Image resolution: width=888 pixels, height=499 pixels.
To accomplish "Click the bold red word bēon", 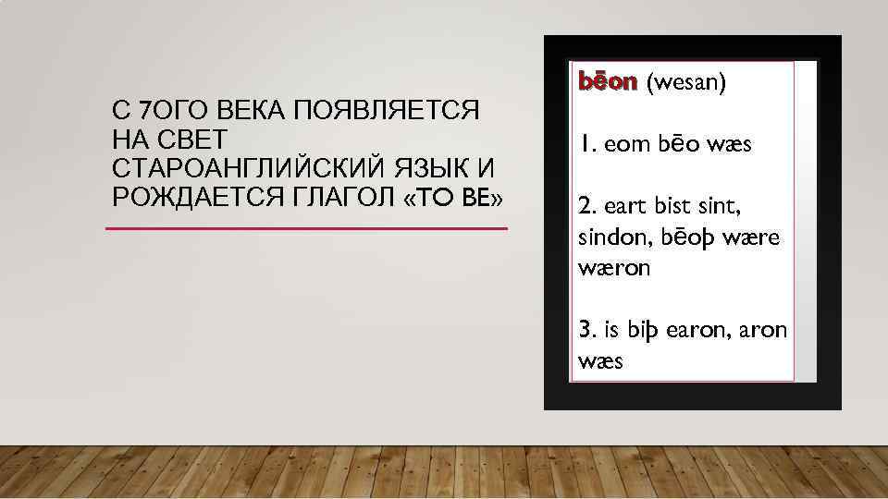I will [x=608, y=83].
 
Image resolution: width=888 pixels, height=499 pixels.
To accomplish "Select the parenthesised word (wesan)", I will [x=686, y=83].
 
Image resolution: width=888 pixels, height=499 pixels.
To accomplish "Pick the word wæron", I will [x=614, y=268].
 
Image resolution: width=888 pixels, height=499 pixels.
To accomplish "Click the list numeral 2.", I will [x=585, y=207].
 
